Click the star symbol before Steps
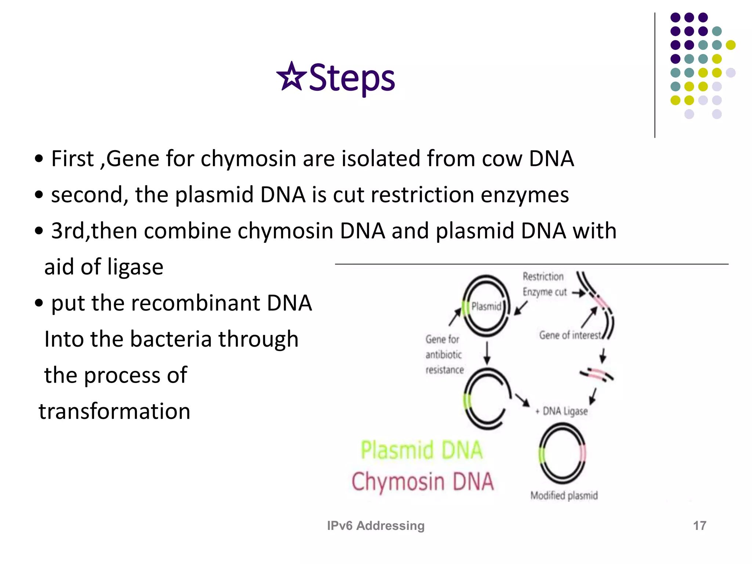(x=291, y=77)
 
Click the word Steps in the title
(x=351, y=78)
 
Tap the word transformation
(x=115, y=411)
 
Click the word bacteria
(x=170, y=339)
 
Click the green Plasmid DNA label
(x=421, y=450)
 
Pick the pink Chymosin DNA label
(x=422, y=482)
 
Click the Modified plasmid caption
(x=564, y=496)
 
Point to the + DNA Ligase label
(x=562, y=411)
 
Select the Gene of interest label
(x=570, y=335)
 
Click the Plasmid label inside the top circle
(x=486, y=306)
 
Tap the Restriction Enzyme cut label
(x=544, y=284)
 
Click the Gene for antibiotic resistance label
(x=444, y=354)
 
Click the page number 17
(x=699, y=525)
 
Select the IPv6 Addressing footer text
(x=376, y=525)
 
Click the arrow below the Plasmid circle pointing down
(x=487, y=353)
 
